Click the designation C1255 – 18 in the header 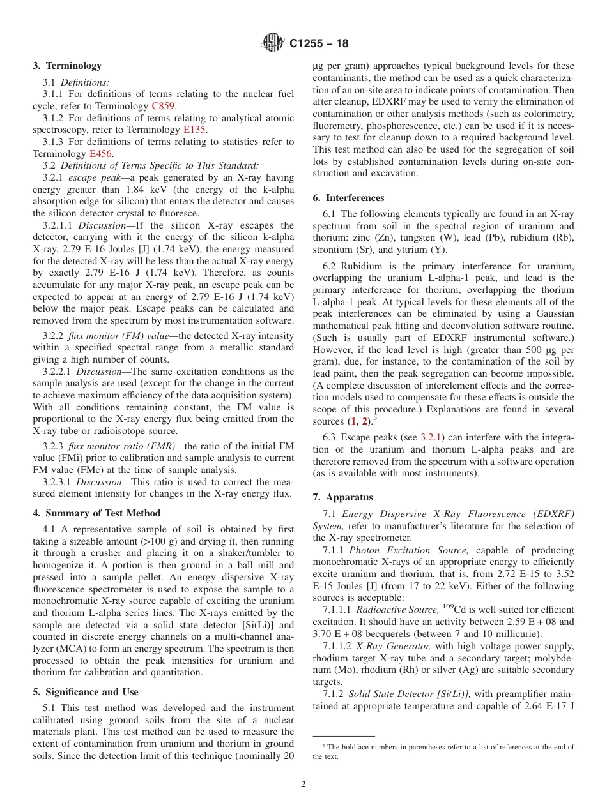pos(319,44)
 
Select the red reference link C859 pos(164,106)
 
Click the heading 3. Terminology pos(67,66)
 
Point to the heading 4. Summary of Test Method pos(96,513)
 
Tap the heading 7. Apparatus pos(342,497)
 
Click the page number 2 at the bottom pos(303,785)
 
